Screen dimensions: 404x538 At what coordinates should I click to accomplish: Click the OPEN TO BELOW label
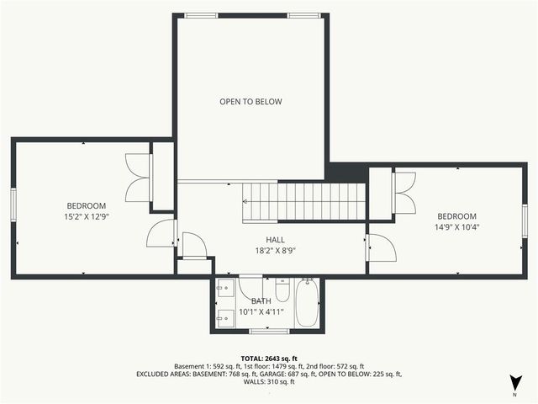click(251, 102)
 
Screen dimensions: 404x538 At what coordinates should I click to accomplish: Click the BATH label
click(261, 300)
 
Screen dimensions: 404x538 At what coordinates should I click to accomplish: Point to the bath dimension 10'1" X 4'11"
click(261, 311)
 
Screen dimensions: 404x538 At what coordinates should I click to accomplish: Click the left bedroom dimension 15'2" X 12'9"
click(87, 216)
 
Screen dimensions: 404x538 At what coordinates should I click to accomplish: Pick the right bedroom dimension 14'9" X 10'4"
click(456, 226)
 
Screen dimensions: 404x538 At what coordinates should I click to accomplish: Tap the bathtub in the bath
click(307, 304)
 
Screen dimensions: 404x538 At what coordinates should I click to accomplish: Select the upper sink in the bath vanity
click(225, 289)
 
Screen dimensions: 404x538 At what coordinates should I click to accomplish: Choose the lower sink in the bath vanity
click(225, 316)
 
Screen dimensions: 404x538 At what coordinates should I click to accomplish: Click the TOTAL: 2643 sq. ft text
click(269, 358)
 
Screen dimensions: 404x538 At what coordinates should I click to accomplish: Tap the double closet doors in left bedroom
click(138, 178)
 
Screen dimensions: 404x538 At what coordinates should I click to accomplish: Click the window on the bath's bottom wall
click(269, 331)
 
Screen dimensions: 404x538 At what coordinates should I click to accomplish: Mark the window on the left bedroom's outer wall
click(13, 204)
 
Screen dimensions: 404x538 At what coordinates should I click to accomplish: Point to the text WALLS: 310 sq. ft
click(269, 382)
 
